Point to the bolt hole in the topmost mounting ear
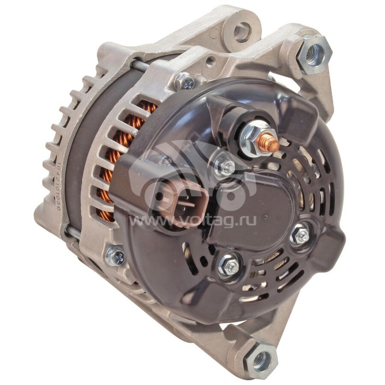[241, 31]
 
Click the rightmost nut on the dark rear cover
[301, 234]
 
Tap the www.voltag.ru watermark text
[192, 222]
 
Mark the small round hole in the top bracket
[210, 61]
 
